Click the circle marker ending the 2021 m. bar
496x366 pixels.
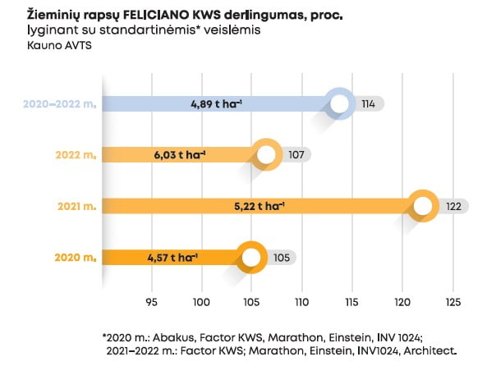pyautogui.click(x=424, y=207)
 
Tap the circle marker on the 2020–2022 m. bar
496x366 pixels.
pyautogui.click(x=339, y=104)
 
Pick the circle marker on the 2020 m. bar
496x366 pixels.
pyautogui.click(x=250, y=258)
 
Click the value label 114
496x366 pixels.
pyautogui.click(x=368, y=104)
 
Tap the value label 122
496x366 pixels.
pyautogui.click(x=453, y=207)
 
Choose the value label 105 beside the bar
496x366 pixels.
pyautogui.click(x=281, y=258)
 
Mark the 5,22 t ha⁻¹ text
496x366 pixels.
pyautogui.click(x=259, y=207)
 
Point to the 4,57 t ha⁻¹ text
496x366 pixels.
pyautogui.click(x=172, y=258)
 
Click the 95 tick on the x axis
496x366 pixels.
pyautogui.click(x=151, y=300)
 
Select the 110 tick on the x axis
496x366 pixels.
pyautogui.click(x=301, y=300)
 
